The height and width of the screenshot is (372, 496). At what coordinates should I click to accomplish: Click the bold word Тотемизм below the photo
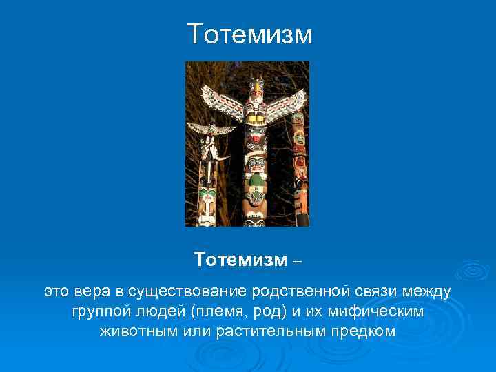coord(240,260)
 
